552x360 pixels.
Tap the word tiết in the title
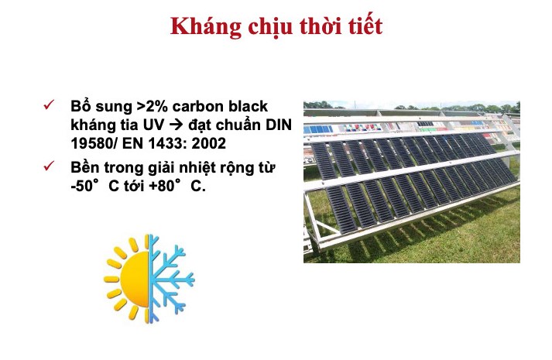point(365,26)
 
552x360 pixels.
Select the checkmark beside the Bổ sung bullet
point(49,105)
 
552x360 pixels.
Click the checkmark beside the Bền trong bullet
point(49,166)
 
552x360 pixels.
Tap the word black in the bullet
point(248,106)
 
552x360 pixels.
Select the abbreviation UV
point(153,125)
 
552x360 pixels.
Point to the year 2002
point(209,143)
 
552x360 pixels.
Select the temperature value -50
point(81,186)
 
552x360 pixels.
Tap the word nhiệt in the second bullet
point(197,168)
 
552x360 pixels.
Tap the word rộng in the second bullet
point(237,168)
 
